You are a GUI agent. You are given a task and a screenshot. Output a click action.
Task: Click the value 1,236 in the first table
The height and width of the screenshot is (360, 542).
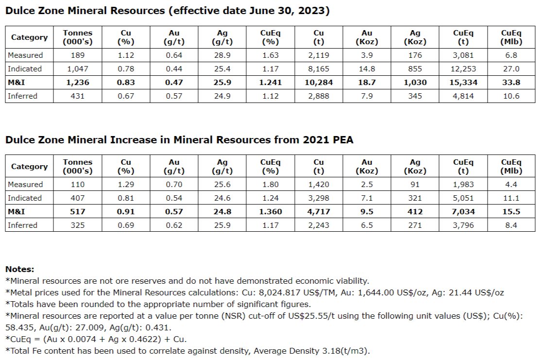click(x=78, y=83)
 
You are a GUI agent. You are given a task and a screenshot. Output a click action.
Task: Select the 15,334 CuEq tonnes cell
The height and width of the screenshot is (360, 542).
click(x=463, y=83)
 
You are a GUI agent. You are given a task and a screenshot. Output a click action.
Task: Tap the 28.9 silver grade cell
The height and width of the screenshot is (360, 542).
click(x=222, y=55)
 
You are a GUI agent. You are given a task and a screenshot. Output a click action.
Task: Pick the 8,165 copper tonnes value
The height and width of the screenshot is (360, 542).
click(x=319, y=69)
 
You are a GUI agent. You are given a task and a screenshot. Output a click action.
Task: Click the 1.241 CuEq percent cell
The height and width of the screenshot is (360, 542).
click(x=271, y=83)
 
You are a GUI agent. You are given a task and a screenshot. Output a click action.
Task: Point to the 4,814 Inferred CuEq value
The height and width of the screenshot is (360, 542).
click(x=463, y=96)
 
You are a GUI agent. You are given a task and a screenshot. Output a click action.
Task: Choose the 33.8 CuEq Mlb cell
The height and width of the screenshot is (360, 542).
click(x=511, y=83)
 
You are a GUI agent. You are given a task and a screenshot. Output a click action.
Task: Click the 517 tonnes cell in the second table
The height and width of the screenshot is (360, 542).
click(x=78, y=212)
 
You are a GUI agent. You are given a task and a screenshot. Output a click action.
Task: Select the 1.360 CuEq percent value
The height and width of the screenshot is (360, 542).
click(x=271, y=212)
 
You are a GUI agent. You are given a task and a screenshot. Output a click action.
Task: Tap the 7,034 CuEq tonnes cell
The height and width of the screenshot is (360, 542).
click(x=463, y=212)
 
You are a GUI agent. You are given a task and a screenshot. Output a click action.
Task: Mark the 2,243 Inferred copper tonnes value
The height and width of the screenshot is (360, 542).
click(x=319, y=225)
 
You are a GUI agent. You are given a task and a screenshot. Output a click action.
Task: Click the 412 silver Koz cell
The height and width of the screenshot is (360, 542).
click(x=415, y=212)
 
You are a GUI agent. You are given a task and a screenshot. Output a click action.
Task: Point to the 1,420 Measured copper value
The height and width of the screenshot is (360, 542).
click(x=319, y=185)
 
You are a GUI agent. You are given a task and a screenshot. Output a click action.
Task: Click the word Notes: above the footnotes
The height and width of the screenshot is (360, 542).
click(x=19, y=269)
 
